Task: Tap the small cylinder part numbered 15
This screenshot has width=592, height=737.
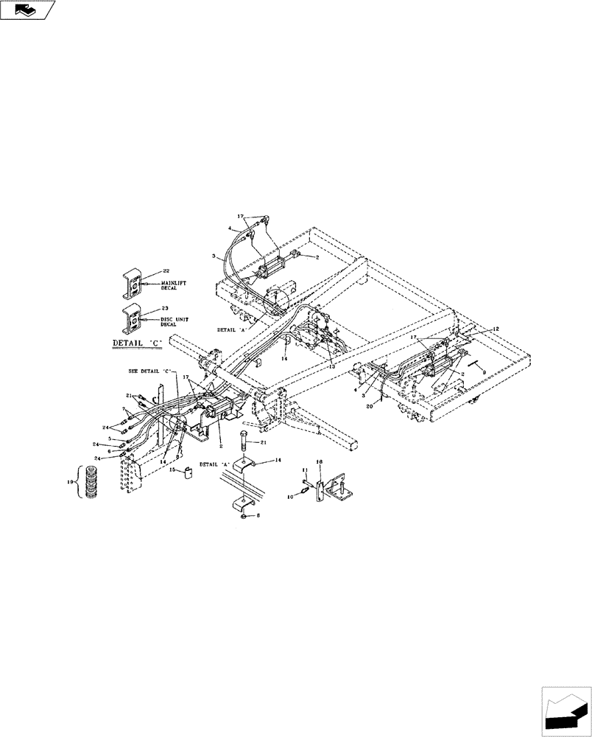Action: point(188,472)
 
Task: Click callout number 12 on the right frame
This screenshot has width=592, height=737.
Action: point(476,329)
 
